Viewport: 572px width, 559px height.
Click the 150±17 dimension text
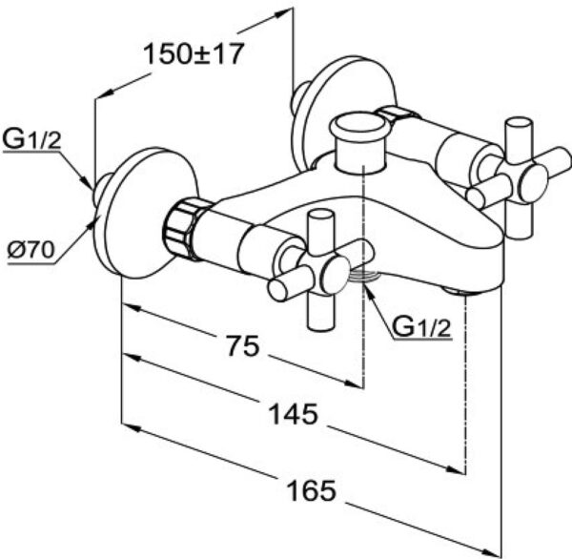tap(194, 53)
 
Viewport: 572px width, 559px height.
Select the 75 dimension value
tap(242, 346)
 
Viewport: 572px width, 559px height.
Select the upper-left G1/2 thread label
tap(32, 141)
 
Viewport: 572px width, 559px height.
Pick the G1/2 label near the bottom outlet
tap(420, 327)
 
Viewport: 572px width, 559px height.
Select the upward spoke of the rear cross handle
tap(521, 137)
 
